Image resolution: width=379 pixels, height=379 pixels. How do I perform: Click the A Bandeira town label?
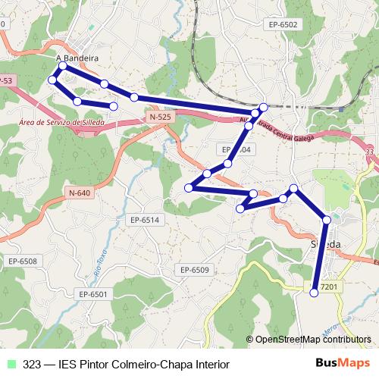point(77,58)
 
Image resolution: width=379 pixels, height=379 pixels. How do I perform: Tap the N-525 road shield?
point(160,117)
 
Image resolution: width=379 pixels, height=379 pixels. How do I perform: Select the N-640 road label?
point(78,193)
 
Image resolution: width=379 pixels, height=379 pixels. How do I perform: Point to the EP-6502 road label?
point(283,24)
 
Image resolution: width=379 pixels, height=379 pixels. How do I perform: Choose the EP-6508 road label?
point(23,261)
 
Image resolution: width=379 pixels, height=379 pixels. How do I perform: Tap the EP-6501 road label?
point(95,293)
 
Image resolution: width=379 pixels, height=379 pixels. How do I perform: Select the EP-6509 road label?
point(194,270)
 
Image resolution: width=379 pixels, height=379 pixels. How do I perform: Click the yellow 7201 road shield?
point(328,286)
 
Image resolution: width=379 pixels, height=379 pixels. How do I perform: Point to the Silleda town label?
point(326,243)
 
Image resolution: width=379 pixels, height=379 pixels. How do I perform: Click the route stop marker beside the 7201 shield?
point(315,292)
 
